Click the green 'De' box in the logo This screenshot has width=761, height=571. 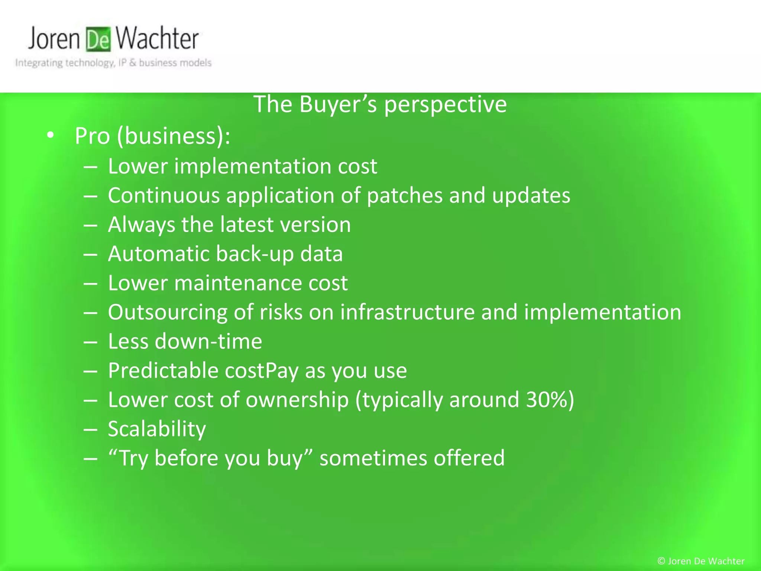98,39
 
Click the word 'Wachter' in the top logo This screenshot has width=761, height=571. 157,39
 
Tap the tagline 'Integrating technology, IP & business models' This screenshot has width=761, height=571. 113,63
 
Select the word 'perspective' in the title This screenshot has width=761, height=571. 445,105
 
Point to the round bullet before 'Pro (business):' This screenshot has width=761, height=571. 51,135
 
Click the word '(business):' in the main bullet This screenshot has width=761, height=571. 174,136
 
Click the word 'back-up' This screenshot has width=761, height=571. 255,254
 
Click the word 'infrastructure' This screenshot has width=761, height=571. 407,312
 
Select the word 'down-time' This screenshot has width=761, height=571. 208,341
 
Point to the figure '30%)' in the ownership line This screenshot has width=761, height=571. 550,400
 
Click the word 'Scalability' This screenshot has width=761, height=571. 157,429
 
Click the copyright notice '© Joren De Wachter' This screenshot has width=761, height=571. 701,561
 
